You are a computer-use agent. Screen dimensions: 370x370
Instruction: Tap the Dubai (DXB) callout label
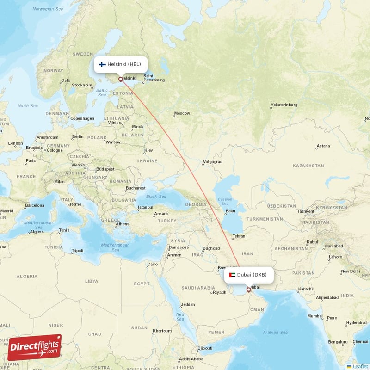coord(249,275)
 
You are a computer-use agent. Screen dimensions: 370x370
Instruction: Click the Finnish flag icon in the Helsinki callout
coord(102,64)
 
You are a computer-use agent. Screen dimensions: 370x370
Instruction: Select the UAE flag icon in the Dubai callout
coord(232,275)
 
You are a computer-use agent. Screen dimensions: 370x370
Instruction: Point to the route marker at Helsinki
coord(121,79)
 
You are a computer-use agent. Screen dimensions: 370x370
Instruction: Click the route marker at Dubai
coord(249,290)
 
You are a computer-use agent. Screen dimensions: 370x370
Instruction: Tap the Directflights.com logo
coord(35,347)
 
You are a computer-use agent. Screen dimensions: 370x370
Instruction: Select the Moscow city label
coord(182,113)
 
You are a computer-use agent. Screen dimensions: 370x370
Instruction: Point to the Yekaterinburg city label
coord(284,105)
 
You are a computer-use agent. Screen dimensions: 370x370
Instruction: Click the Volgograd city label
coord(212,162)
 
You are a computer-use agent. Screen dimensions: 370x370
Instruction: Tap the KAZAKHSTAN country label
coord(308,166)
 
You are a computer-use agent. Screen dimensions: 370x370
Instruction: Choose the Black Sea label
coord(156,197)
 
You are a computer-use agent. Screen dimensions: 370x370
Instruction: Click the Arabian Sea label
coord(275,332)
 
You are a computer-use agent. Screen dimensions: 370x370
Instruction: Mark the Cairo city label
coord(152,265)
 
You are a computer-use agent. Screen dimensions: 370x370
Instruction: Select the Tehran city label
coord(239,236)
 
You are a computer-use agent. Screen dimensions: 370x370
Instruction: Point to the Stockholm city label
coord(82,85)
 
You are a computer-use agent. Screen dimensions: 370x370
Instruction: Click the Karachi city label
coord(305,289)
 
